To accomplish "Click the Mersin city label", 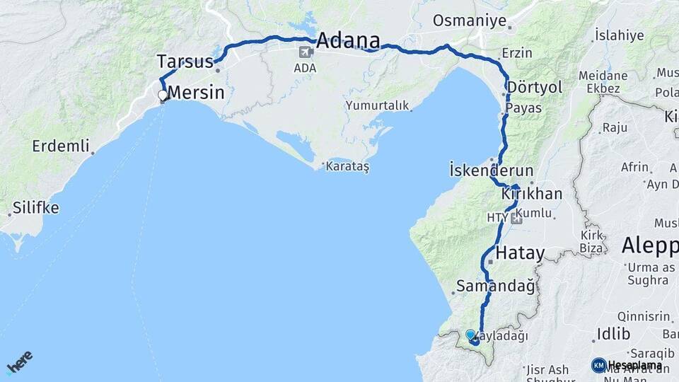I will pyautogui.click(x=196, y=93).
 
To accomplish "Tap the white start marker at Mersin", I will pyautogui.click(x=163, y=95).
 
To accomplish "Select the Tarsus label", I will pyautogui.click(x=185, y=62).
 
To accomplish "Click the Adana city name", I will pyautogui.click(x=347, y=40).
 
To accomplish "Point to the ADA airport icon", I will pyautogui.click(x=306, y=52).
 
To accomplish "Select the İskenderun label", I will pyautogui.click(x=491, y=170).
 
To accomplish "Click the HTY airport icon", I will pyautogui.click(x=517, y=219).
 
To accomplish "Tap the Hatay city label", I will pyautogui.click(x=520, y=253).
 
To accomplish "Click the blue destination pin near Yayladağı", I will pyautogui.click(x=470, y=335).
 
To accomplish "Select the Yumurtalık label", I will pyautogui.click(x=378, y=105).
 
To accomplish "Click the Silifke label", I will pyautogui.click(x=36, y=209).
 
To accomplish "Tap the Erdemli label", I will pyautogui.click(x=61, y=146).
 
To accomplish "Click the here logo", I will pyautogui.click(x=19, y=362).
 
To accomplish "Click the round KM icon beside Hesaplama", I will pyautogui.click(x=598, y=365).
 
